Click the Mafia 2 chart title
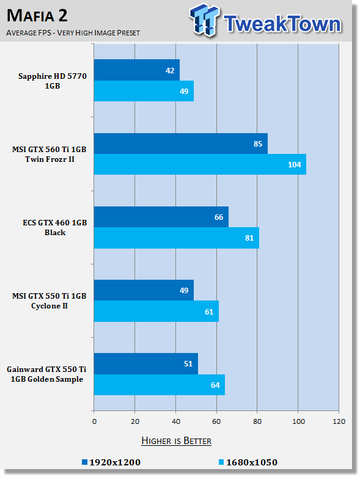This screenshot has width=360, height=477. [x=37, y=15]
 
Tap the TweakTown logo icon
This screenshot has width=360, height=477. [x=204, y=20]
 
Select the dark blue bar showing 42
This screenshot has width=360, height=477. [x=137, y=70]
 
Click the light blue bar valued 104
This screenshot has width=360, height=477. [x=200, y=164]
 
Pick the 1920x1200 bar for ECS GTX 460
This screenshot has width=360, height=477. [x=161, y=217]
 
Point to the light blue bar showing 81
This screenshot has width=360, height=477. [x=177, y=238]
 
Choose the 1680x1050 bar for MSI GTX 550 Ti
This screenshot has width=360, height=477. [x=156, y=311]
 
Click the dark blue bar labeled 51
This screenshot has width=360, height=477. [x=146, y=363]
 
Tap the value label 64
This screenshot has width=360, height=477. [x=215, y=385]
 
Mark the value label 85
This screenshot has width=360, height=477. [x=258, y=144]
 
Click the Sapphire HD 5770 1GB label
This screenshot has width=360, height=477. [x=53, y=81]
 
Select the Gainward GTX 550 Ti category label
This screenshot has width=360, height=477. [x=46, y=374]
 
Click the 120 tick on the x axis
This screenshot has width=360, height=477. [x=339, y=421]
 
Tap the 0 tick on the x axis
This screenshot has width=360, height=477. [x=94, y=421]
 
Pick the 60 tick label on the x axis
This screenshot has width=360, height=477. [x=216, y=421]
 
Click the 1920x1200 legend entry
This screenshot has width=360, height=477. [x=111, y=462]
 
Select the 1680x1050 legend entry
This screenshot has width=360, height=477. [x=248, y=462]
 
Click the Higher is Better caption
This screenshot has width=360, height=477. [x=177, y=441]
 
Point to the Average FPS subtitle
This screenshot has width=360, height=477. [x=73, y=32]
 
